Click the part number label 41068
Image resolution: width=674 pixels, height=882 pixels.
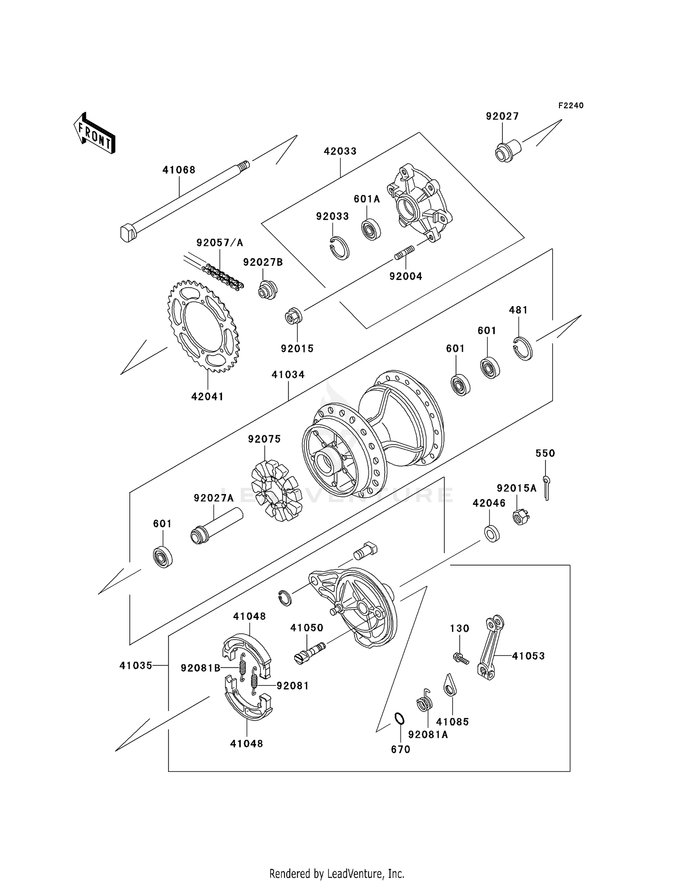point(179,170)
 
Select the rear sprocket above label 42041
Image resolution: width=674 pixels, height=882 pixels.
point(204,326)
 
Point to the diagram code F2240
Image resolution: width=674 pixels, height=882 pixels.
point(571,106)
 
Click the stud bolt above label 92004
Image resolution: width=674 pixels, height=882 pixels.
point(404,253)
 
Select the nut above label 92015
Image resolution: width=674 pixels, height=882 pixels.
point(294,316)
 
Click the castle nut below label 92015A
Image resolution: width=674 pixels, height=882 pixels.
point(521,517)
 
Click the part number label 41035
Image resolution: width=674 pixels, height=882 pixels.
point(136,666)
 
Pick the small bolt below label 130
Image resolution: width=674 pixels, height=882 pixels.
point(461,659)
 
